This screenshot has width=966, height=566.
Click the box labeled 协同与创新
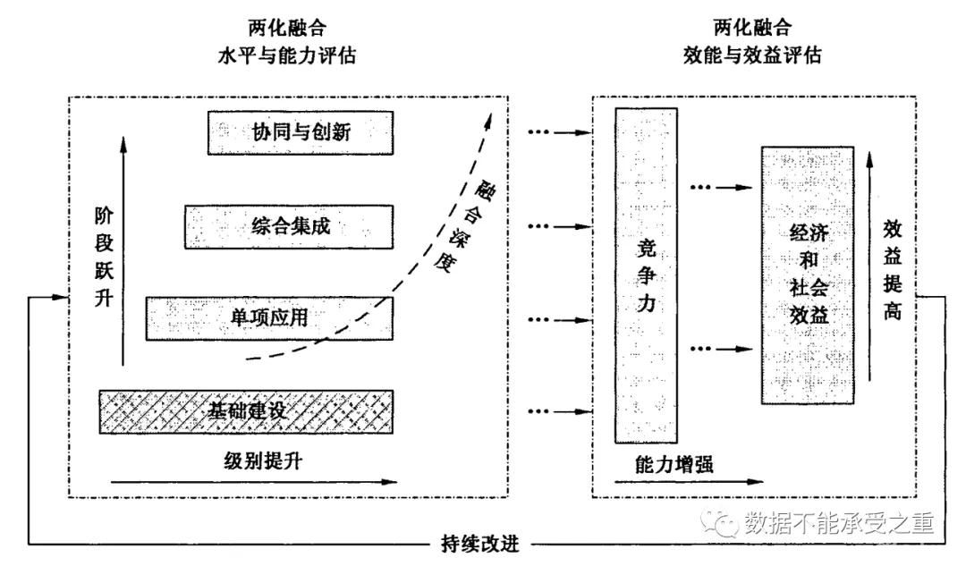click(x=300, y=134)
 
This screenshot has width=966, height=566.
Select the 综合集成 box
click(x=290, y=226)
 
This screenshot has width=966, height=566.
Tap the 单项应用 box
click(x=269, y=317)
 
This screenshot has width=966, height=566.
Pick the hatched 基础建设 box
click(x=246, y=411)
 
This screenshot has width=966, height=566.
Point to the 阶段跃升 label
click(x=106, y=259)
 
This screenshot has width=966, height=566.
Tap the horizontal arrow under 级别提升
click(x=255, y=482)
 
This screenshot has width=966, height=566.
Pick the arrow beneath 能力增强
click(x=679, y=482)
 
